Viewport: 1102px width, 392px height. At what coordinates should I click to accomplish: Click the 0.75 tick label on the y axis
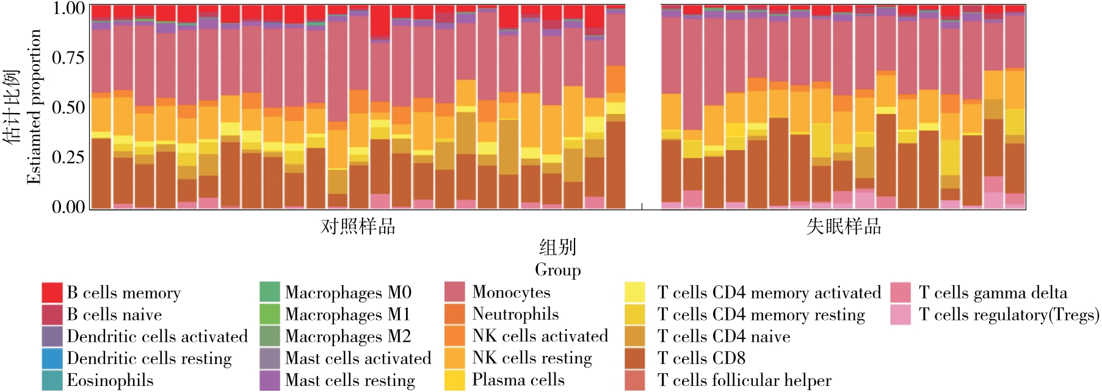point(68,58)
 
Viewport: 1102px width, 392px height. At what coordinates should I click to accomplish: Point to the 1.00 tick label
point(68,9)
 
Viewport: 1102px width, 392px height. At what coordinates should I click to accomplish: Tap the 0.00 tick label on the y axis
point(68,207)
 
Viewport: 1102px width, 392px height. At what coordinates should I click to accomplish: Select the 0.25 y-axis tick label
point(68,158)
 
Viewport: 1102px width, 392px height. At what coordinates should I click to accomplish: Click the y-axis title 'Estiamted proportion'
point(34,107)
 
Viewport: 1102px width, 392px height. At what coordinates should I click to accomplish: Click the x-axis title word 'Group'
point(557,270)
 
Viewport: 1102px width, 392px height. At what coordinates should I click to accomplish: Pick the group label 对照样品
point(358,227)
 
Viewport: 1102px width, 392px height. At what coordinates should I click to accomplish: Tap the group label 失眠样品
point(844,227)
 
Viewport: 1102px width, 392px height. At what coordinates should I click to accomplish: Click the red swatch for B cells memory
point(52,292)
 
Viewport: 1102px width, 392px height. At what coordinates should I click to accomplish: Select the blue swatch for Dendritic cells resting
point(52,358)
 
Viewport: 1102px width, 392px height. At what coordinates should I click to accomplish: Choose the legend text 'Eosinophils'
point(110,380)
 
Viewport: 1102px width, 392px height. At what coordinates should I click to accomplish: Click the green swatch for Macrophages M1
point(270,314)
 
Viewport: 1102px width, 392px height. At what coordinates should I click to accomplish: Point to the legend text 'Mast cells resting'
point(350,380)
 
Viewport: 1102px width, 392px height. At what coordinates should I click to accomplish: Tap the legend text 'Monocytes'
point(511,292)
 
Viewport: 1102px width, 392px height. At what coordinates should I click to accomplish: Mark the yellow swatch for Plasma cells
point(454,380)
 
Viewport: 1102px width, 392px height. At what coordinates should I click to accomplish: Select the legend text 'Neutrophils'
point(515,314)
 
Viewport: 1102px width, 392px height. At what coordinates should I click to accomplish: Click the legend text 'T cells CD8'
point(701,358)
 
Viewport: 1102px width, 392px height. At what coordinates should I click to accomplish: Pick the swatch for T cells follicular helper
point(635,380)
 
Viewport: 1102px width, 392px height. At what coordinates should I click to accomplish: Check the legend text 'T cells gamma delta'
point(993,293)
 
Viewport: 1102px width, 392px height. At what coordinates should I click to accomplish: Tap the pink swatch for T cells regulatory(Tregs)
point(901,314)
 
